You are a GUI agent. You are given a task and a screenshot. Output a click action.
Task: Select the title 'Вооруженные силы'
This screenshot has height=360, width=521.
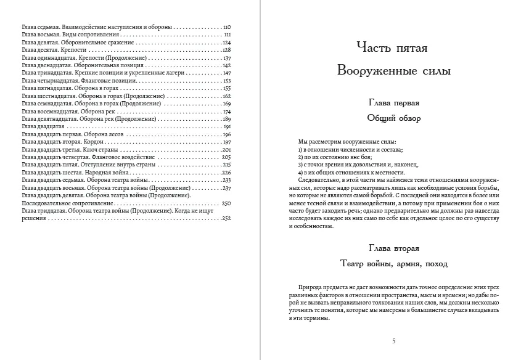393,71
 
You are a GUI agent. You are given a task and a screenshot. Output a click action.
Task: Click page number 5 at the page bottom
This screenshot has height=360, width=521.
394,341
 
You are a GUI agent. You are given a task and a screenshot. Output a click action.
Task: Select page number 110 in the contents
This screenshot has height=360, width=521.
226,28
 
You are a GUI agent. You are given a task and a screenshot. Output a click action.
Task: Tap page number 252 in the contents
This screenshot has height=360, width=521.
226,218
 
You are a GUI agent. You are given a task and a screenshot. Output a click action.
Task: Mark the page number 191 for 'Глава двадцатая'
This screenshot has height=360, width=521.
226,126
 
